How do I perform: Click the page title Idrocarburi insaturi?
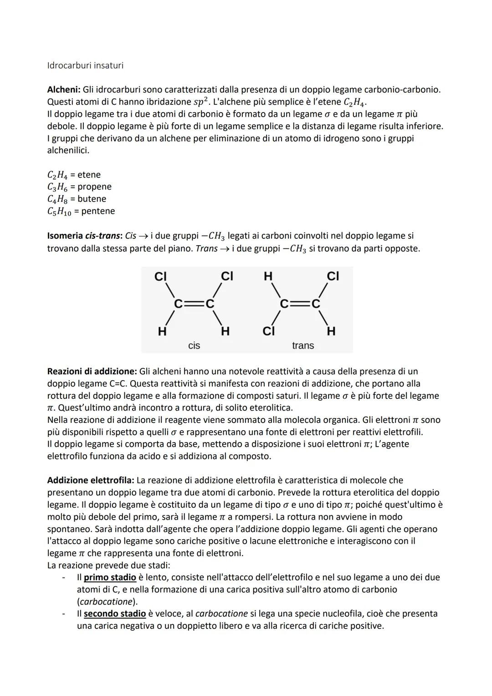point(85,66)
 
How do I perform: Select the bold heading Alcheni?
point(63,90)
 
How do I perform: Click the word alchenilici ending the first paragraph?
point(68,150)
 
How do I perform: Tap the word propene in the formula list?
point(94,187)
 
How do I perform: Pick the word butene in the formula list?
point(92,199)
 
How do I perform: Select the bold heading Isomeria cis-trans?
point(84,236)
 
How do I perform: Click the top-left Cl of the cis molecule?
point(160,277)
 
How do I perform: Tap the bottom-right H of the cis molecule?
point(225,331)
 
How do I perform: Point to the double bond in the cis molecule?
point(193,304)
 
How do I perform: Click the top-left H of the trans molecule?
point(268,277)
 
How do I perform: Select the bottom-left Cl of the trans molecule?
point(268,331)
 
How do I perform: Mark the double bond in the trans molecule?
point(300,304)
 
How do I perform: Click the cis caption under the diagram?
point(194,346)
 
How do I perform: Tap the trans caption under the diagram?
point(303,346)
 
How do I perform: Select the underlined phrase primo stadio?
point(110,577)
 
